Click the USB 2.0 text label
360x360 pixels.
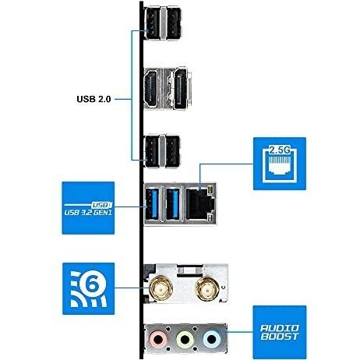point(94,99)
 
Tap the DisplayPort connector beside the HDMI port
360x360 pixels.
point(181,88)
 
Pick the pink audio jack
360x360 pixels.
point(158,339)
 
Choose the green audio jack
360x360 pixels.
point(185,339)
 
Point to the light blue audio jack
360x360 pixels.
point(212,339)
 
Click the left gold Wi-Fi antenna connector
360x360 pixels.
point(161,288)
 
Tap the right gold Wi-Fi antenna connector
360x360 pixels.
point(207,288)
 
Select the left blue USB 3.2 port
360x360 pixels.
point(152,204)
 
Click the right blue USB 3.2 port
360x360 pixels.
point(173,204)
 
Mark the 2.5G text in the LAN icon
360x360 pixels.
point(279,150)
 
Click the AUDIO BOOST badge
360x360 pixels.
point(280,332)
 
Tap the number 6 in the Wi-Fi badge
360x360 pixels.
point(92,285)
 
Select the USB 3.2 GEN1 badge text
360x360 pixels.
point(88,213)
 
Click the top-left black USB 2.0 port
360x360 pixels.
point(152,23)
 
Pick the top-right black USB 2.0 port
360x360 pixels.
point(173,23)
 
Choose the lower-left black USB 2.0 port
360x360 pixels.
point(152,151)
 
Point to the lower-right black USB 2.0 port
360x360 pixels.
point(172,151)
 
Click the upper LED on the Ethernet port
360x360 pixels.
point(210,190)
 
